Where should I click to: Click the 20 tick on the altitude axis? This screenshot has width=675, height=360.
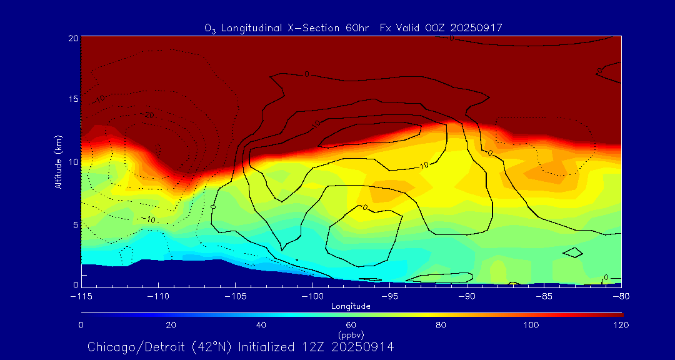[x=73, y=39]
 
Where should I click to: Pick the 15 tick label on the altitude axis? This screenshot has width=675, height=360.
[x=73, y=99]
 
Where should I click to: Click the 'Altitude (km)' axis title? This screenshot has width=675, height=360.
[x=58, y=162]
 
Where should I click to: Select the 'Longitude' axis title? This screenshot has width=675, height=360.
[x=351, y=306]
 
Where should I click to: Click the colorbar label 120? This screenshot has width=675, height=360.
[x=621, y=325]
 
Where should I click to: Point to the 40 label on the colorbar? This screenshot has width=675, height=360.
[x=261, y=325]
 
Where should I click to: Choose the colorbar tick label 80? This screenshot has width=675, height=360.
[x=441, y=325]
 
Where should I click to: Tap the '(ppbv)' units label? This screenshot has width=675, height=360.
[x=351, y=335]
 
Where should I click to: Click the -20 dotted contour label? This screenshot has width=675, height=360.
[x=147, y=115]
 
